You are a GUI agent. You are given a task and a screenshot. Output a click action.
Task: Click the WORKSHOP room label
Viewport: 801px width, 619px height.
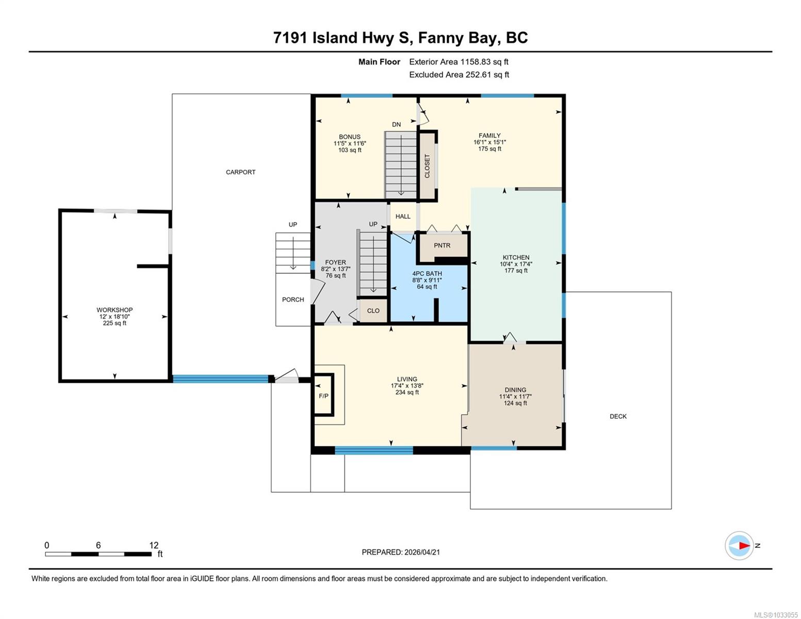pyautogui.click(x=115, y=310)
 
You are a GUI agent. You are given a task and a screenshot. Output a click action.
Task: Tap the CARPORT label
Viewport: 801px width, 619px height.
pyautogui.click(x=241, y=172)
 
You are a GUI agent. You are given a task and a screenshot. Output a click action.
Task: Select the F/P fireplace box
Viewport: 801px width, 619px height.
pyautogui.click(x=323, y=395)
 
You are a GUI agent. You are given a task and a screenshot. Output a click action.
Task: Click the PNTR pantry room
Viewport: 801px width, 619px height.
pyautogui.click(x=442, y=246)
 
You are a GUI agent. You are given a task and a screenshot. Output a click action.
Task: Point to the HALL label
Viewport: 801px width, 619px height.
pyautogui.click(x=403, y=217)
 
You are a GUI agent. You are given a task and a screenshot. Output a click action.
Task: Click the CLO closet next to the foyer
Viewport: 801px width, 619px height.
pyautogui.click(x=373, y=311)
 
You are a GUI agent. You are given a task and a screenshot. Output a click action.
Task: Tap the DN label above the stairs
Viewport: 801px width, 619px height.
pyautogui.click(x=396, y=125)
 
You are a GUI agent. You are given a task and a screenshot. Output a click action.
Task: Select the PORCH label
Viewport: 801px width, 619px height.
pyautogui.click(x=293, y=300)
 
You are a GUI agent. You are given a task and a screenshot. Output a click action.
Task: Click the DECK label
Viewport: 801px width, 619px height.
pyautogui.click(x=618, y=416)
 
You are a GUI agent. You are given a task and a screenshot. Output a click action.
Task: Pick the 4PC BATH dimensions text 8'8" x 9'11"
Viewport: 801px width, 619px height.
pyautogui.click(x=427, y=280)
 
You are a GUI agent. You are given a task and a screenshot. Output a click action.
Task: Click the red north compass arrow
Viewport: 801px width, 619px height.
pyautogui.click(x=745, y=546)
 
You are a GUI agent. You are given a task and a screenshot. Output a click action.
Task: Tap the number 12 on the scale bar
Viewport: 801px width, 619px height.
pyautogui.click(x=154, y=545)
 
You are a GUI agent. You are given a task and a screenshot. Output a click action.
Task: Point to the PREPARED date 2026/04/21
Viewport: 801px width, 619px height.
pyautogui.click(x=422, y=552)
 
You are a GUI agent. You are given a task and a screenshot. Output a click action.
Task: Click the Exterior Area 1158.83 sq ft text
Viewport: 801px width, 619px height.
pyautogui.click(x=459, y=62)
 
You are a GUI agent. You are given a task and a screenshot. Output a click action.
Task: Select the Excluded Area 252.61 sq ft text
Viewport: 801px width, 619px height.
pyautogui.click(x=459, y=75)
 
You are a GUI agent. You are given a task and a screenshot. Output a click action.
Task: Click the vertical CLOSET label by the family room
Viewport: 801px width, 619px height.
pyautogui.click(x=427, y=166)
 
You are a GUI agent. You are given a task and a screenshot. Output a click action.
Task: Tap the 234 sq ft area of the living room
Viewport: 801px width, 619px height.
pyautogui.click(x=407, y=392)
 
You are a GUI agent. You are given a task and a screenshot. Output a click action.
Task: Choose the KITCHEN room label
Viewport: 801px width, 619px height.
pyautogui.click(x=516, y=257)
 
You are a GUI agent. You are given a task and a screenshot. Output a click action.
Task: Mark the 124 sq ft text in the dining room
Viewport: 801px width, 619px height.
pyautogui.click(x=515, y=403)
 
